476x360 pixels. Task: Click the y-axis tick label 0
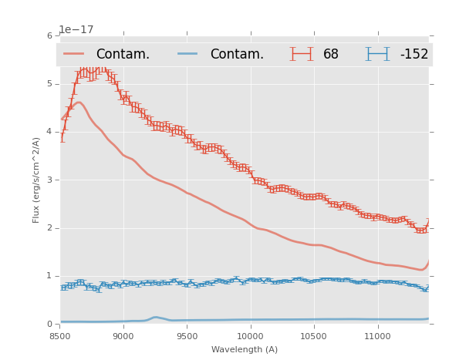52,324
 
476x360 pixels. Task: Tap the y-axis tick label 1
52,276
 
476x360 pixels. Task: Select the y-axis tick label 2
52,228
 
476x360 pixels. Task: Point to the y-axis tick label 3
52,180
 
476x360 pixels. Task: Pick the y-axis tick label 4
52,132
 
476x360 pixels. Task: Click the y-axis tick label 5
52,84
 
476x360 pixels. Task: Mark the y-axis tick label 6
52,36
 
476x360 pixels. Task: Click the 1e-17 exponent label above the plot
76,29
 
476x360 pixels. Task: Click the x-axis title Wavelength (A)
244,350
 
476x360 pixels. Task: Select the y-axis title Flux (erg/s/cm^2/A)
36,180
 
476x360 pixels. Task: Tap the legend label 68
331,55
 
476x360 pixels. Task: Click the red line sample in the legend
74,54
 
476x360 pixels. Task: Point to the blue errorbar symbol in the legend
378,54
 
